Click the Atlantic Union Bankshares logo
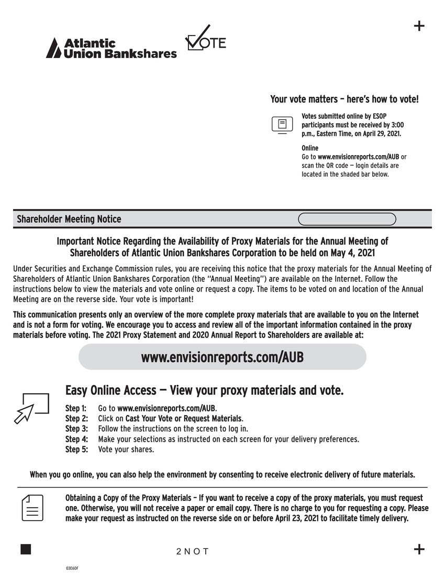point(111,48)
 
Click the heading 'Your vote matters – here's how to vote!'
point(344,99)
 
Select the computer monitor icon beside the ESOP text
point(282,125)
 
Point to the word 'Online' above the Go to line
point(309,148)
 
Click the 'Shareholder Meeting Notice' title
point(69,219)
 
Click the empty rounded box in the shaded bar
point(347,219)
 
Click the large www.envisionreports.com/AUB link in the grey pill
point(222,357)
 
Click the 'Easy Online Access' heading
point(110,390)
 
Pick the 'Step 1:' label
point(76,408)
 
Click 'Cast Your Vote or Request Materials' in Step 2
point(184,419)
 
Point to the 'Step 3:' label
point(76,429)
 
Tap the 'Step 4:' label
point(76,439)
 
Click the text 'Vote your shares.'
point(126,450)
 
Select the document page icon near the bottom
point(32,507)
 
